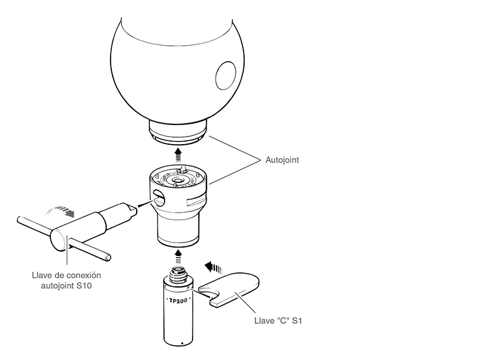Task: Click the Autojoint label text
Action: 282,160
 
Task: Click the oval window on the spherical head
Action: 226,76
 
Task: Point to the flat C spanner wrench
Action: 229,290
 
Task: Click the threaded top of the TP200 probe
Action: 179,273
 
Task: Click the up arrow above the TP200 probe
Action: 178,257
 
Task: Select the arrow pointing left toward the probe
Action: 213,267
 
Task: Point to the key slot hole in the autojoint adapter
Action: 158,198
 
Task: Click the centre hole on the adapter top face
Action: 177,180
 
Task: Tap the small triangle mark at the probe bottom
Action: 182,342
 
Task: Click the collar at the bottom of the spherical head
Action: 178,132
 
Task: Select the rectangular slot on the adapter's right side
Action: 196,200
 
